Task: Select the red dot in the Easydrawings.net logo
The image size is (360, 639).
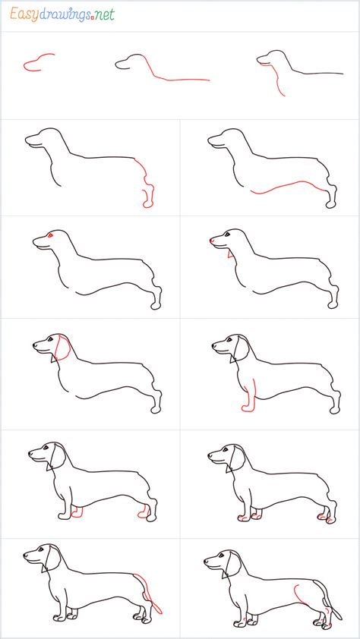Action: [x=91, y=17]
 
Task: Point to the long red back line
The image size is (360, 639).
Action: [x=182, y=78]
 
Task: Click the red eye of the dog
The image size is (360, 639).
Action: [x=49, y=236]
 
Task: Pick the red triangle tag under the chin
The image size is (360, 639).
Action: [x=229, y=255]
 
